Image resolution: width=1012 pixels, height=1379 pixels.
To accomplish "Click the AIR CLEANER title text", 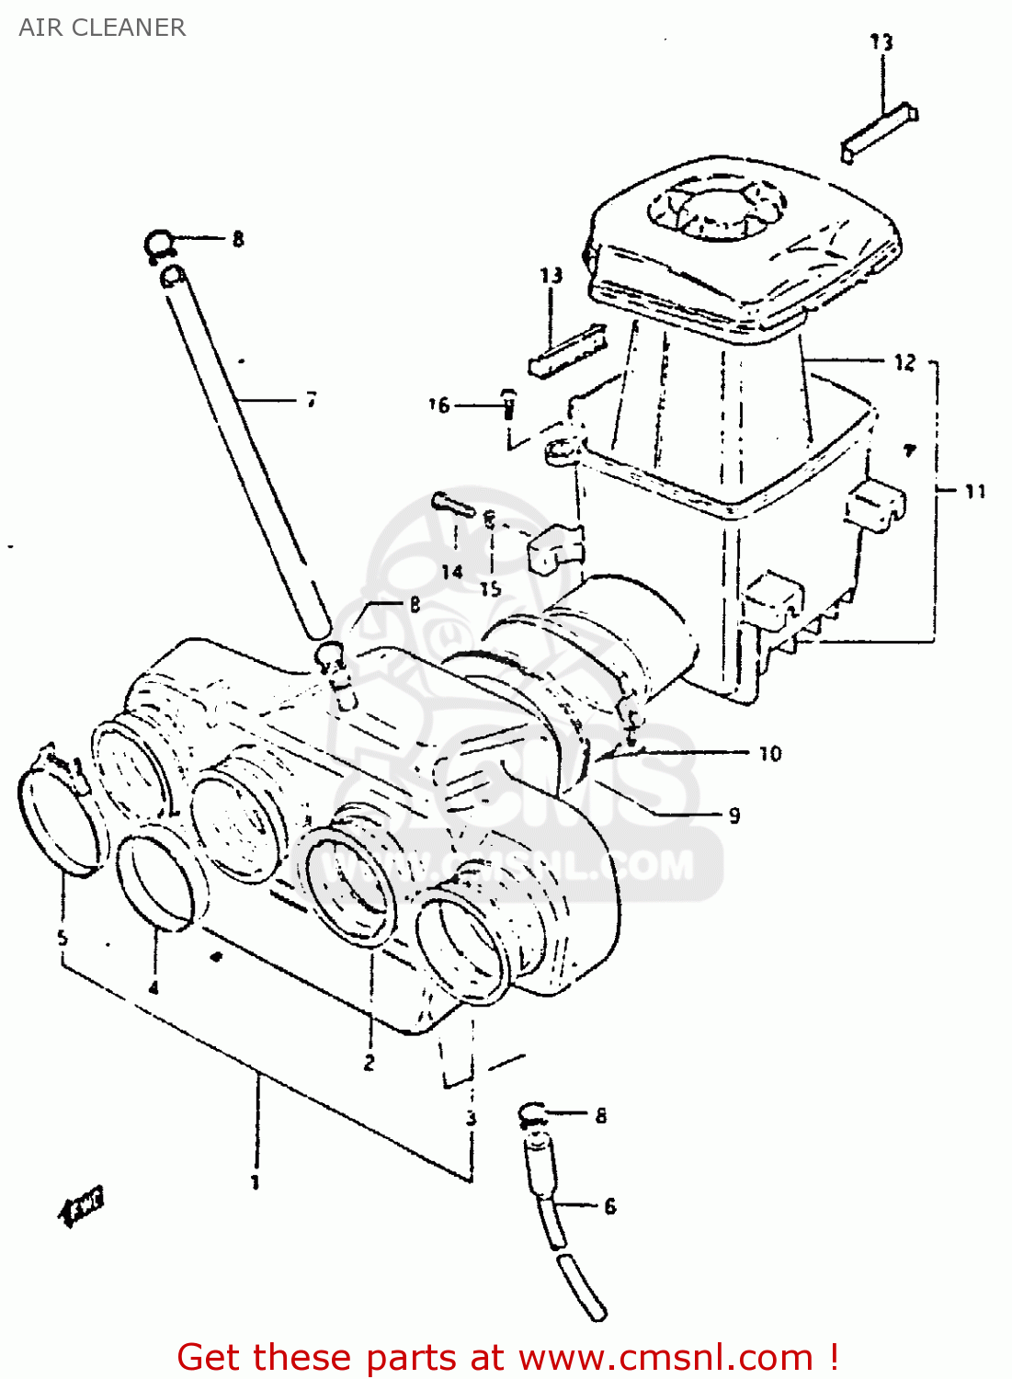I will [102, 28].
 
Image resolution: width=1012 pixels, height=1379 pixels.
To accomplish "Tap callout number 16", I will [439, 405].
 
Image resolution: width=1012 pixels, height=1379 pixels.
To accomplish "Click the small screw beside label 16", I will [507, 404].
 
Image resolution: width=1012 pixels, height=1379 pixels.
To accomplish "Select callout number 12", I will [904, 362].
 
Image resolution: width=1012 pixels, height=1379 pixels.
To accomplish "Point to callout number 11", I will [974, 492].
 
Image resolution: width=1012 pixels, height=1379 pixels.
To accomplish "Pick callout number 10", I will [770, 754].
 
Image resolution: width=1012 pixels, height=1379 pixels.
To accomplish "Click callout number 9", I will [733, 815].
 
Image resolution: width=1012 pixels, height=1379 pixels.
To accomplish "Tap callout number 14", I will [451, 573].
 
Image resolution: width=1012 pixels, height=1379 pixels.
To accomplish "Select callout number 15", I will [490, 588].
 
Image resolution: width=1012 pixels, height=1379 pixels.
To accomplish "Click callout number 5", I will [63, 939].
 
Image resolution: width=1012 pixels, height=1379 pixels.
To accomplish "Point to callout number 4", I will [154, 988].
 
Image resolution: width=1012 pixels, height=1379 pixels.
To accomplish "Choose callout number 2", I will [369, 1063].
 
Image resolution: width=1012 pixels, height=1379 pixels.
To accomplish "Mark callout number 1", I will [256, 1182].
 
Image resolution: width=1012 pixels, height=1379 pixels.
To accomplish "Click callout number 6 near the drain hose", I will [609, 1206].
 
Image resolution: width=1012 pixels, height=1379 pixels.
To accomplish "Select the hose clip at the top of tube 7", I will [161, 245].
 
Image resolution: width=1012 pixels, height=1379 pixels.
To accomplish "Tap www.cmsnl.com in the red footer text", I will [666, 1357].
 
